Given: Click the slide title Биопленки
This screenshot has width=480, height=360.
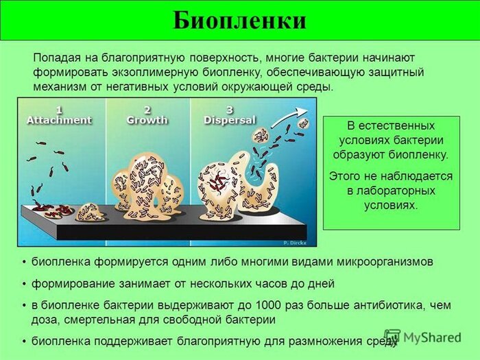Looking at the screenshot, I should (x=239, y=20).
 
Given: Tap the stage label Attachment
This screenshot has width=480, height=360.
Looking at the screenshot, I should (x=59, y=120).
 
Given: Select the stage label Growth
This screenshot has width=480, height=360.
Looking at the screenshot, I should (x=147, y=120).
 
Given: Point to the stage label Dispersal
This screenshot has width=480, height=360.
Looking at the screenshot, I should (x=230, y=120).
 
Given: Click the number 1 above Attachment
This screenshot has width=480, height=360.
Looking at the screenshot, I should (x=59, y=110).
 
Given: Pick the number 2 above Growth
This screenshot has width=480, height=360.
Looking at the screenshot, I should (x=147, y=110).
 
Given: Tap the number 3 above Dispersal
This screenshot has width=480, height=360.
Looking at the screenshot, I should (x=230, y=110).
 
